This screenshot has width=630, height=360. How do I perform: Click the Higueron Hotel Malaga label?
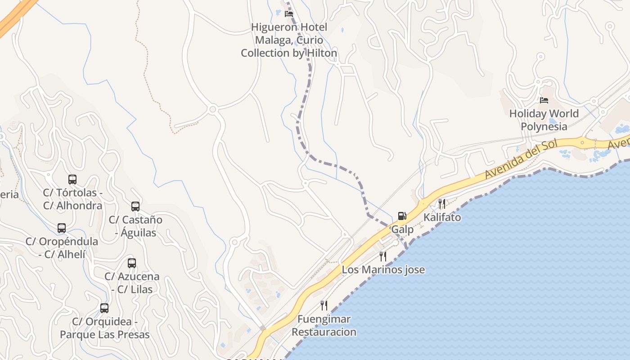click(x=289, y=40)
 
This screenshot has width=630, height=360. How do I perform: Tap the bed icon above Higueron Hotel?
click(x=289, y=14)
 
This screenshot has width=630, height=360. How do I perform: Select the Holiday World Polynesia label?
click(x=544, y=120)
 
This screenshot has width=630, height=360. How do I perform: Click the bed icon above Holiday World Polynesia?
click(x=544, y=100)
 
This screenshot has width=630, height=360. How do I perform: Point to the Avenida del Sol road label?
click(x=521, y=159)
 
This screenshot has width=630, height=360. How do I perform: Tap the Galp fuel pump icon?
click(x=402, y=216)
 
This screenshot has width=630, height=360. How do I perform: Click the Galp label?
click(x=402, y=229)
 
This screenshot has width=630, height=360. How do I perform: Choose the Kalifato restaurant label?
click(x=442, y=217)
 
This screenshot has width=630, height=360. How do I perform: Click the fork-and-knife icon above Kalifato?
click(x=441, y=204)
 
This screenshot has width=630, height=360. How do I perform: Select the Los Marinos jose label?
click(x=383, y=270)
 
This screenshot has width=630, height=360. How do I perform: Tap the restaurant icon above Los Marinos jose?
click(x=383, y=256)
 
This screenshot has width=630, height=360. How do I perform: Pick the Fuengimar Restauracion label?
click(x=324, y=325)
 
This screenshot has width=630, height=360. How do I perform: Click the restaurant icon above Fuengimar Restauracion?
click(x=324, y=306)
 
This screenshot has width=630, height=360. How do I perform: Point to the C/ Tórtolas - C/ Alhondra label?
click(x=72, y=199)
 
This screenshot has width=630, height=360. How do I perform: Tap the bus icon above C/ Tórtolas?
click(x=72, y=180)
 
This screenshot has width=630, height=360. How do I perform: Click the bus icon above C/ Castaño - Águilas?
click(x=135, y=207)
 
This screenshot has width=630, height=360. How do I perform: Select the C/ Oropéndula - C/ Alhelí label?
click(x=62, y=247)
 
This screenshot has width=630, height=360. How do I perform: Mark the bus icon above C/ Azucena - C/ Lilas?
click(x=132, y=263)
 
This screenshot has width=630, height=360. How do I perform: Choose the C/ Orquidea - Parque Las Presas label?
click(x=104, y=328)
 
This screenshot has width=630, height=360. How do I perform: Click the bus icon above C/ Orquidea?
click(x=104, y=308)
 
